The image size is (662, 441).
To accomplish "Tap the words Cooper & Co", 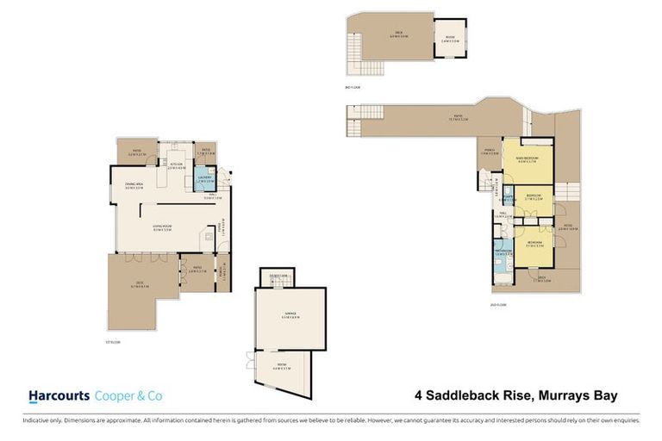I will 128,396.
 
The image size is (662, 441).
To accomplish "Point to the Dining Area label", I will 134,185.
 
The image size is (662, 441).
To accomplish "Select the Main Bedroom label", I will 528,159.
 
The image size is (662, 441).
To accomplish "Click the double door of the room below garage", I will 249,360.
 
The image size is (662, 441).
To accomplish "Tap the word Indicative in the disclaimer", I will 36,420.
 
